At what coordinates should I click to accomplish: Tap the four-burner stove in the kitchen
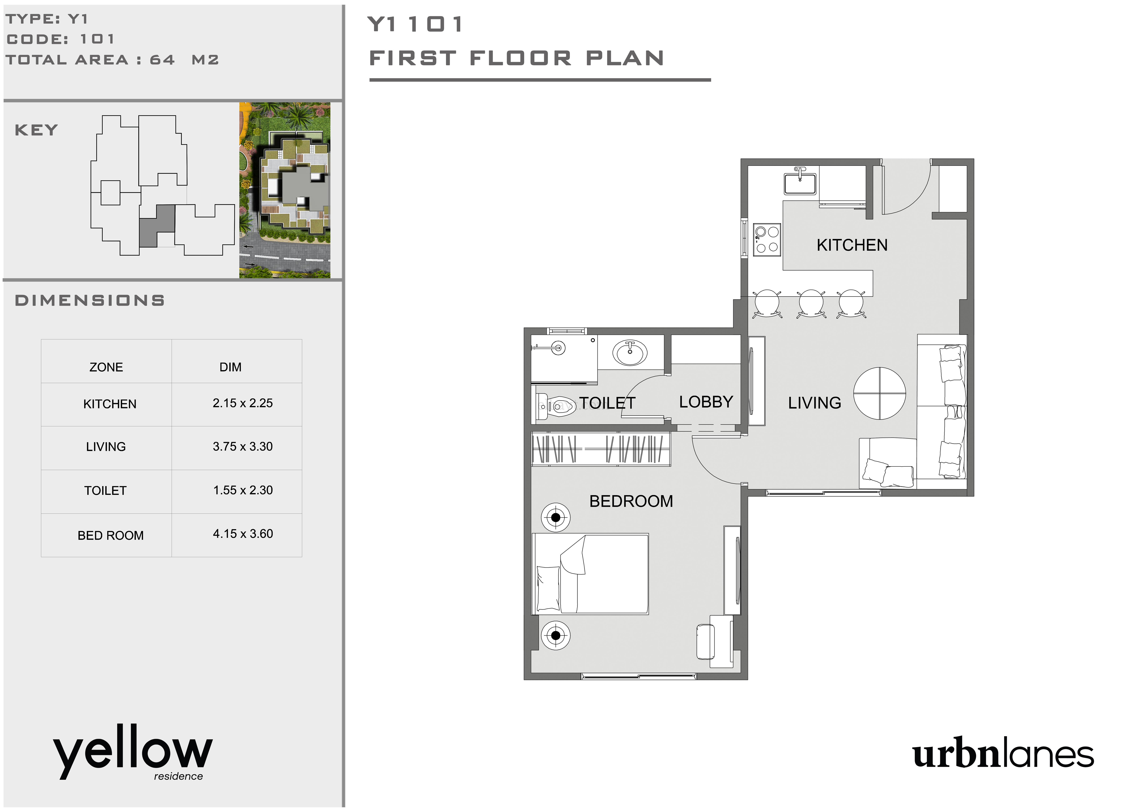pyautogui.click(x=767, y=239)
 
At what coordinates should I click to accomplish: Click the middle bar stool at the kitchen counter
pyautogui.click(x=811, y=303)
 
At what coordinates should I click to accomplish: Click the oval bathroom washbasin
pyautogui.click(x=630, y=353)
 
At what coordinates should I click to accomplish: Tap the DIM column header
pyautogui.click(x=230, y=367)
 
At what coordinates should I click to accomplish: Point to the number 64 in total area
pyautogui.click(x=162, y=60)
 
